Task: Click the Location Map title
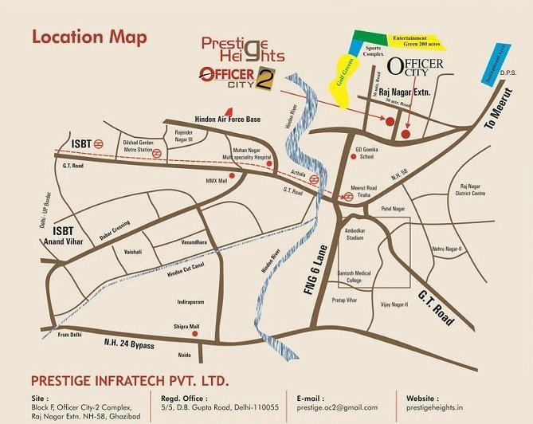88,37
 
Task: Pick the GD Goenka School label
370,153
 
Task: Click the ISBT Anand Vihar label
73,216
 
